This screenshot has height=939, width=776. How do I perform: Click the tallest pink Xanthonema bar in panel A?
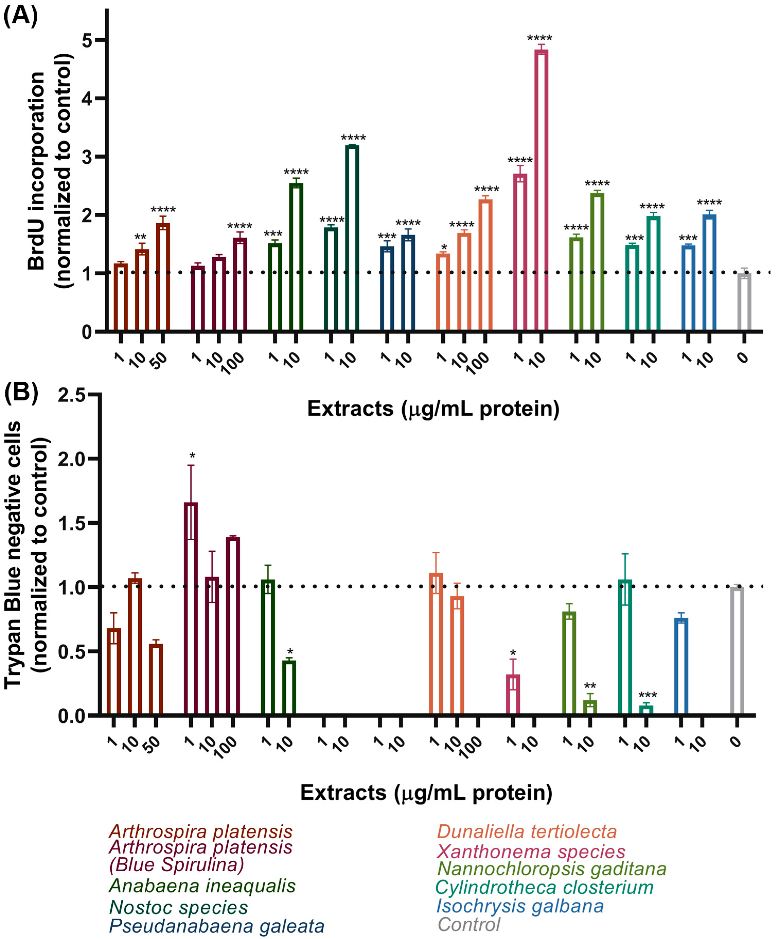541,190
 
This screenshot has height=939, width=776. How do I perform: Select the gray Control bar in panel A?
744,303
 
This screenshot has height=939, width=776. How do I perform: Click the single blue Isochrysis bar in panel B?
681,665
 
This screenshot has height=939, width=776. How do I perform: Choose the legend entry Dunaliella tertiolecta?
527,832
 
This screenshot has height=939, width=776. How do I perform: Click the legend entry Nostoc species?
178,908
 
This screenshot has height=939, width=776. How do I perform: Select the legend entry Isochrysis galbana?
519,906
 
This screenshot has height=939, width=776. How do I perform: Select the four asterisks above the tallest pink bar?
540,38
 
